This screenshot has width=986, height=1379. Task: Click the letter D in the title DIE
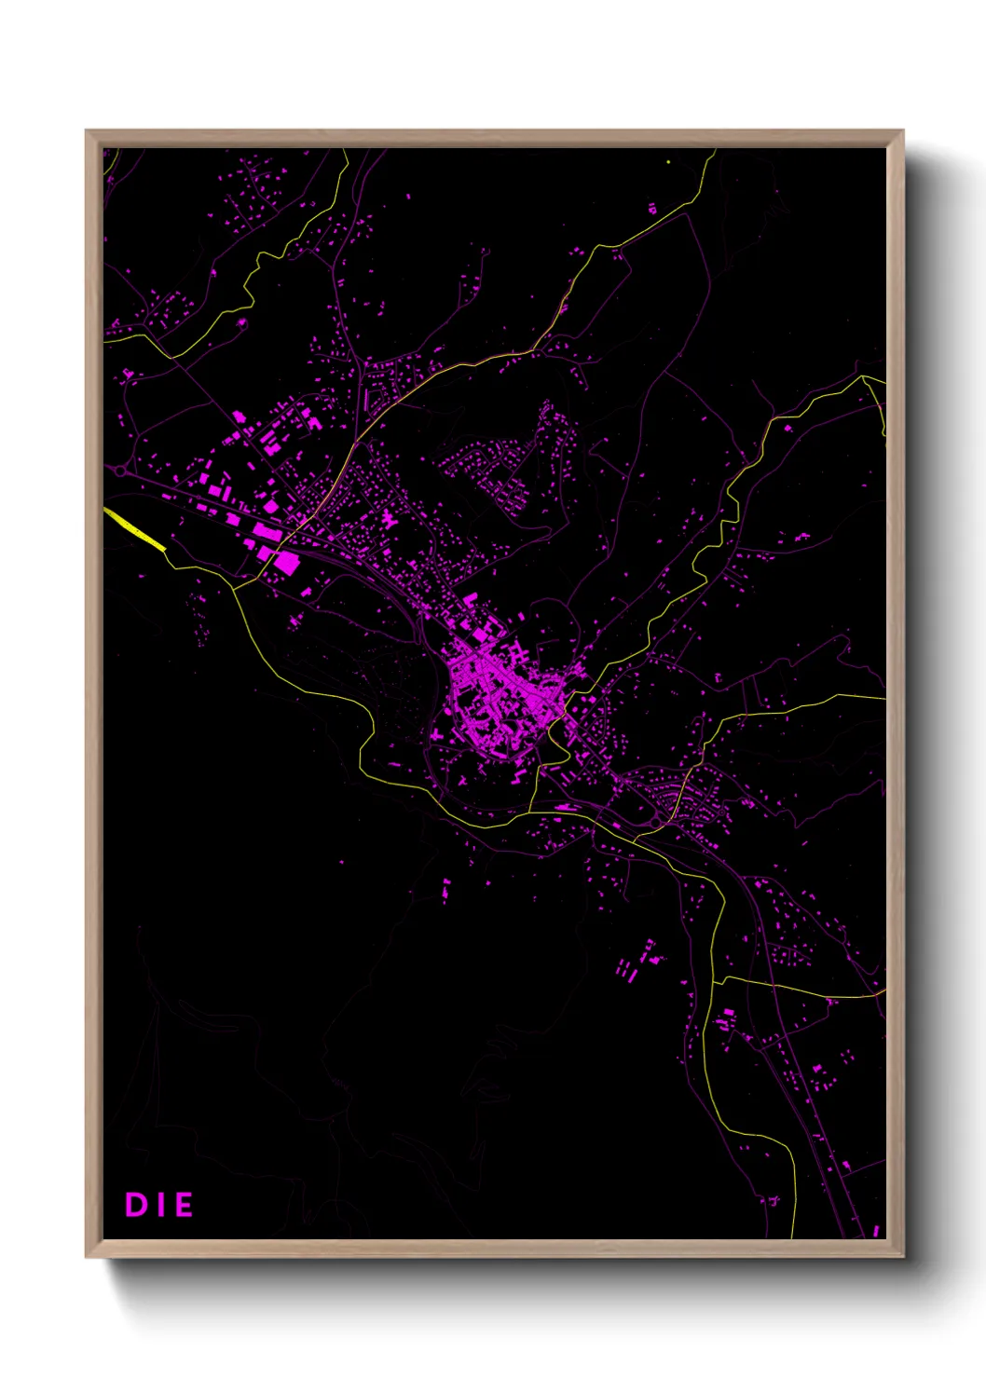point(136,1205)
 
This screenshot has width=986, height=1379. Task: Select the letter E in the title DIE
point(183,1205)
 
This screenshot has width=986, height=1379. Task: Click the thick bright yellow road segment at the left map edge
point(135,529)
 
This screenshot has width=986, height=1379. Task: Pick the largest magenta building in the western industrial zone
point(286,562)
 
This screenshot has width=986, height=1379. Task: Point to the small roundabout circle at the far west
point(119,471)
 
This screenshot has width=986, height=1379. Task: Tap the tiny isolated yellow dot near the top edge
point(669,162)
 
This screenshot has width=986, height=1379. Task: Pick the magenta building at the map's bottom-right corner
point(876,1231)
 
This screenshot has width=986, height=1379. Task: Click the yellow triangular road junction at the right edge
point(874,391)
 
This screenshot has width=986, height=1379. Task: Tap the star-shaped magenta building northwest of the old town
point(388,519)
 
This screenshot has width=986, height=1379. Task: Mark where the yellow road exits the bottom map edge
point(793,1236)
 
